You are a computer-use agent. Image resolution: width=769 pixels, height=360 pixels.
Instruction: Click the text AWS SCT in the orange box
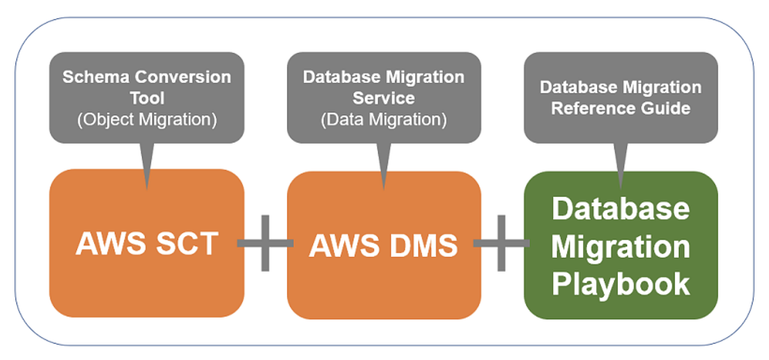coord(146,244)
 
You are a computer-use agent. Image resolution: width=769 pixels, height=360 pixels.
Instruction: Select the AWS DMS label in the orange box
coord(383,245)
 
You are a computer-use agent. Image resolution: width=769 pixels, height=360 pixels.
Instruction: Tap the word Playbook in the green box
coord(621,284)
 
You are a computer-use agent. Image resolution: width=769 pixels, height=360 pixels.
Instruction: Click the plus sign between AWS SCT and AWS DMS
coord(265,244)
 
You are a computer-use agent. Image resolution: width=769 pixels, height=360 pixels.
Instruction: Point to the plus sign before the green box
coord(502,244)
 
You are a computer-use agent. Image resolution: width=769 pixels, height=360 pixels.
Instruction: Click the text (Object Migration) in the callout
coord(146,119)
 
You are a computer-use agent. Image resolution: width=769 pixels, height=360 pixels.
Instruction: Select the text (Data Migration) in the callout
coord(383,119)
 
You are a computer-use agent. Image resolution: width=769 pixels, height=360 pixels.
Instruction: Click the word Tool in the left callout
coord(146,98)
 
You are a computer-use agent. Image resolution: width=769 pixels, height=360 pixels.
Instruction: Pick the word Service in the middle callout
coord(383,98)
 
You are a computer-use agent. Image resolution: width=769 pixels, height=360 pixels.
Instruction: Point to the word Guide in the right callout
coord(669,109)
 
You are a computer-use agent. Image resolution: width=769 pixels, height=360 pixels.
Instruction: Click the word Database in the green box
coord(621,208)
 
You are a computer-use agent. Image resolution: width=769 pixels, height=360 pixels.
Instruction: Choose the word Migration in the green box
coord(621,246)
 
